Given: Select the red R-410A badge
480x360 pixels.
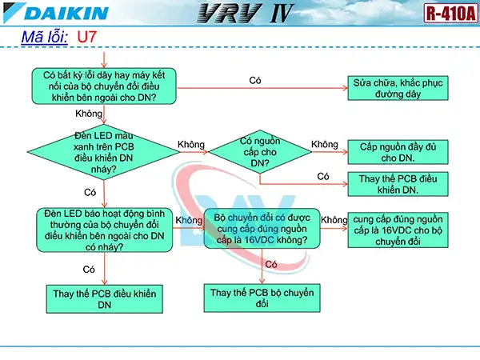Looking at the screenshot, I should (x=449, y=13).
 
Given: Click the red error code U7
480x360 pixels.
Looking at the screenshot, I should (x=88, y=37).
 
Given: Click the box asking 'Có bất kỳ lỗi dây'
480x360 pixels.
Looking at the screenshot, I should (x=104, y=86).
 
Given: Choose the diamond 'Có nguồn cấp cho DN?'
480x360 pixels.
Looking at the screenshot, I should (x=259, y=151).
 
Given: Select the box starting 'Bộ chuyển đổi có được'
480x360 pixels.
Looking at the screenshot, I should (x=262, y=228).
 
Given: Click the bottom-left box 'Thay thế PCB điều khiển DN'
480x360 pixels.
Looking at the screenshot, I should (x=104, y=298).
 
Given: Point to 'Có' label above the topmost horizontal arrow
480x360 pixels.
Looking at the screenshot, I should (x=255, y=80).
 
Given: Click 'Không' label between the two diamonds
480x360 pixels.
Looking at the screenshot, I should (x=191, y=144).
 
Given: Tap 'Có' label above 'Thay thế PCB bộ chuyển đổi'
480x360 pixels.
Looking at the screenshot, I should (x=271, y=264).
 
